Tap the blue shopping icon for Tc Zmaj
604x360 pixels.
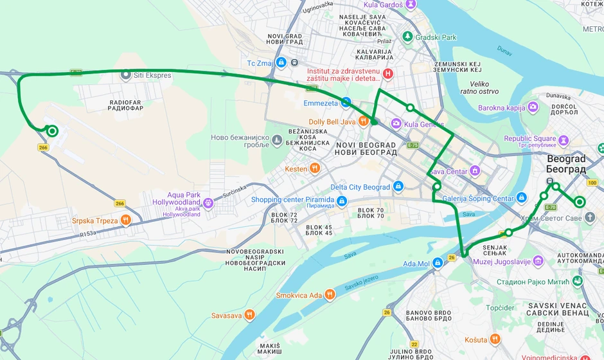(281, 62)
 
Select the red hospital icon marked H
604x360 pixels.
(387, 75)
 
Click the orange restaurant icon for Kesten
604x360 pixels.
(314, 168)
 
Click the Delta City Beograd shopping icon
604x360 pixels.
(398, 187)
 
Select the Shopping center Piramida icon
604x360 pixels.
(341, 203)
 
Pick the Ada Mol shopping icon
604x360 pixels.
(438, 263)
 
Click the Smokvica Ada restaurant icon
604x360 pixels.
(330, 295)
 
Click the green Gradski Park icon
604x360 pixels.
(407, 37)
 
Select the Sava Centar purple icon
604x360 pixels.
(475, 171)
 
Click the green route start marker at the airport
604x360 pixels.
(52, 131)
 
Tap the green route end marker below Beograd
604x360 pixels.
(580, 202)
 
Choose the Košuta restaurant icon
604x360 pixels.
(495, 339)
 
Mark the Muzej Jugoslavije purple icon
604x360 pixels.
(538, 261)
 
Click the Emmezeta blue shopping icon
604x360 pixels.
(346, 102)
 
